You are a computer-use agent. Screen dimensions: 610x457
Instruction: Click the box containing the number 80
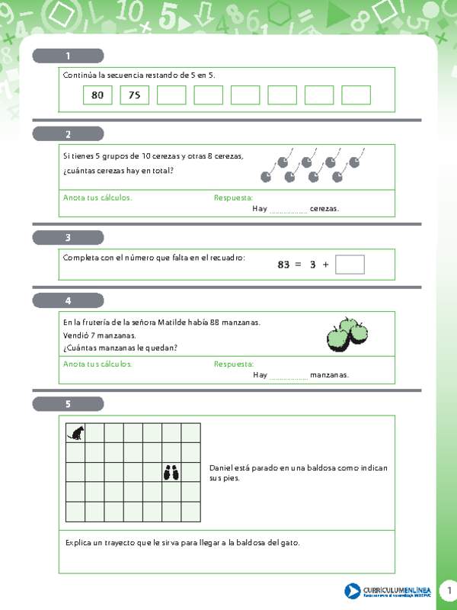97,95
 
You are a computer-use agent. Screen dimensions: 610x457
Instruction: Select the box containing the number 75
134,95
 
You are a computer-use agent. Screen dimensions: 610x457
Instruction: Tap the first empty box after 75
171,95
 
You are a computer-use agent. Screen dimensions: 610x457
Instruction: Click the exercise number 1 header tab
68,56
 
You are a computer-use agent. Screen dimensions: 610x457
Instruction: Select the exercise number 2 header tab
68,134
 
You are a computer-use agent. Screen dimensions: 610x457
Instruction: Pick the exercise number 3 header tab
68,237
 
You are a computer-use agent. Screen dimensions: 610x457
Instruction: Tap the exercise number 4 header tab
68,300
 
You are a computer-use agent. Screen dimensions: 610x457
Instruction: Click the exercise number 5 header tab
68,404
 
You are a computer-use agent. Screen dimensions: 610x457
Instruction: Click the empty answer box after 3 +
350,265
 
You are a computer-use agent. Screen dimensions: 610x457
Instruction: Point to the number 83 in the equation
283,265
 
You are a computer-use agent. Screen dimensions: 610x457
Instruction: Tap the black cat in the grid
76,433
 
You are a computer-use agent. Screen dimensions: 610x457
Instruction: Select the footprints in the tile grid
171,473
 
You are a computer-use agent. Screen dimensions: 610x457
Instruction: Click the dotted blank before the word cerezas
289,209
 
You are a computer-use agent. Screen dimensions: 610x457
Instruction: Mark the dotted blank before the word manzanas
289,375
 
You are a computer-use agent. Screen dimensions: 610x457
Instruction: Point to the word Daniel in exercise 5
222,467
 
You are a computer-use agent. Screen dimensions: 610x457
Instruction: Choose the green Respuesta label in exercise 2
233,197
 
